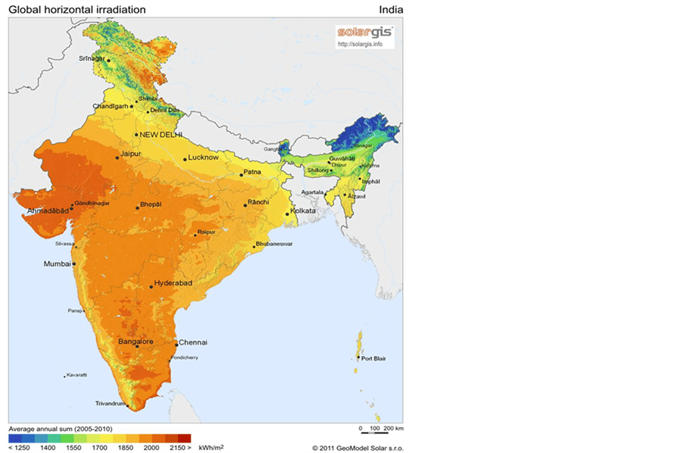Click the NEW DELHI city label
[x=158, y=135]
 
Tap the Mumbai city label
[x=57, y=264]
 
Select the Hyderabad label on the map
[x=173, y=283]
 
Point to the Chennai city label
[x=192, y=342]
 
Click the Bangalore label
[x=136, y=342]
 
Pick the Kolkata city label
[x=303, y=211]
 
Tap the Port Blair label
[x=373, y=358]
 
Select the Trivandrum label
[x=110, y=404]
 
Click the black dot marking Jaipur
[x=117, y=158]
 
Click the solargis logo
[x=367, y=33]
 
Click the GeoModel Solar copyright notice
[x=356, y=448]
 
